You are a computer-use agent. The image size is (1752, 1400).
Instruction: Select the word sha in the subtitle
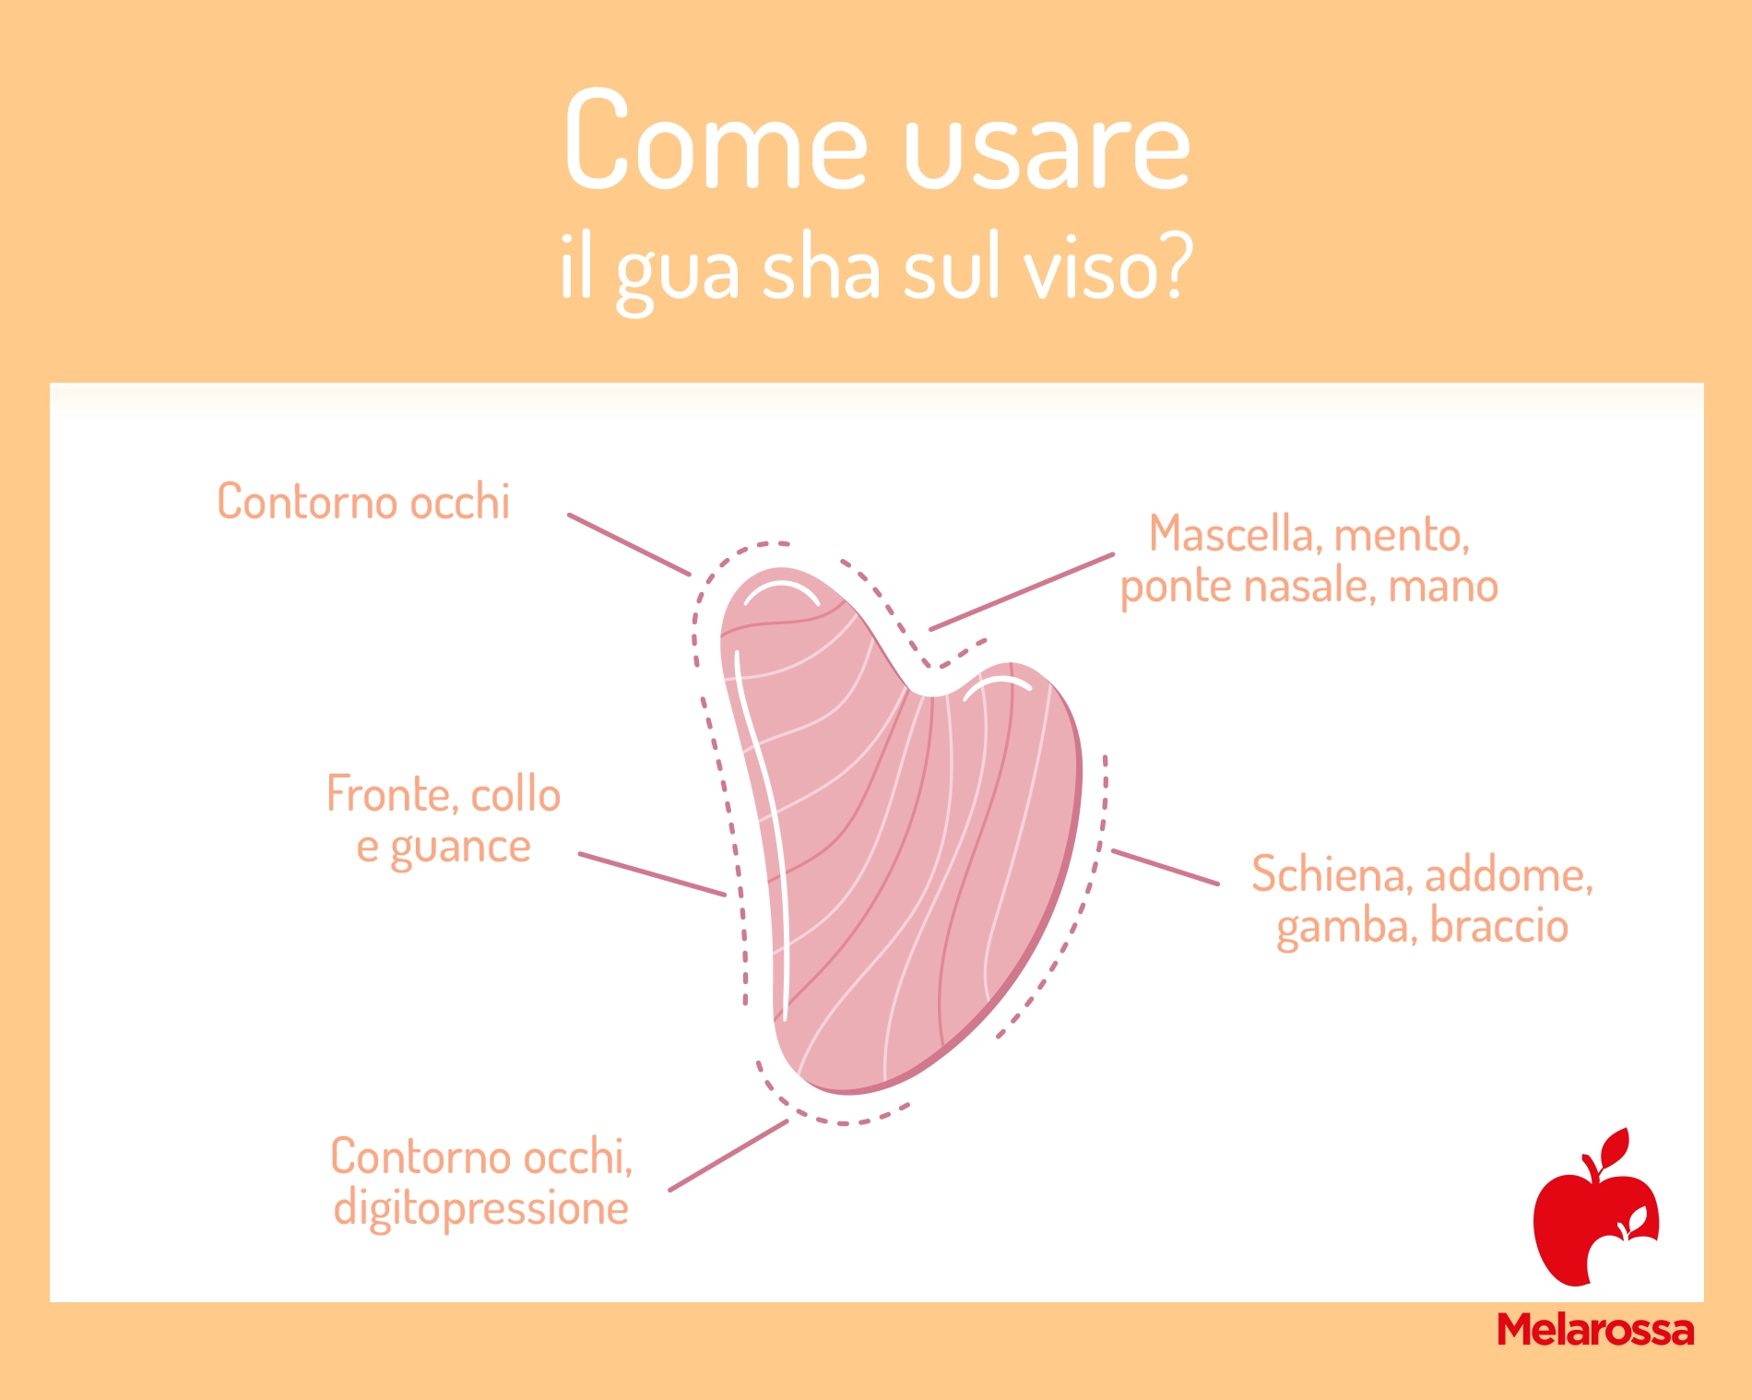point(821,267)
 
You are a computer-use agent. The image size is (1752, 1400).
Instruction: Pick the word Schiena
point(1327,874)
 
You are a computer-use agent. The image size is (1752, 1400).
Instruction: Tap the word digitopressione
point(480,1208)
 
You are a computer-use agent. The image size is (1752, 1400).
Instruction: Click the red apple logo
point(1595,1207)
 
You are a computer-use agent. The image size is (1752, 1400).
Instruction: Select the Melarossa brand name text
point(1595,1330)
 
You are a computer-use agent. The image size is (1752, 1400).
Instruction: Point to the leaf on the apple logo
point(1616,1146)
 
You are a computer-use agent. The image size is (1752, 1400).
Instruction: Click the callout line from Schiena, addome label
point(1166,867)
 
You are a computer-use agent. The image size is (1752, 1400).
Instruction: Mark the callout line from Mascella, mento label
point(1022,592)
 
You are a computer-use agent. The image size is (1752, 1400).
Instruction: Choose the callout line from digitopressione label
point(728,1156)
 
